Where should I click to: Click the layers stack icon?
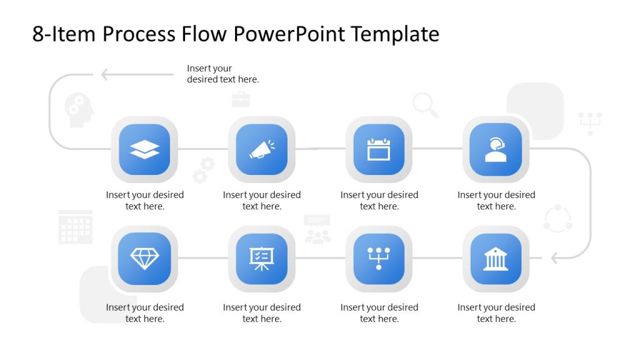(144, 149)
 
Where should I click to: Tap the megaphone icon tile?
(261, 149)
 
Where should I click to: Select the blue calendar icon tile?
(379, 149)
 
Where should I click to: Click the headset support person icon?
(496, 149)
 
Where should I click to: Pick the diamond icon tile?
(144, 258)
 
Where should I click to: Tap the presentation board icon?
(261, 258)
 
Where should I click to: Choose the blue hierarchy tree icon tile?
(379, 258)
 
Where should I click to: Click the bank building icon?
(496, 258)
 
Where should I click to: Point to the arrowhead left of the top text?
(106, 74)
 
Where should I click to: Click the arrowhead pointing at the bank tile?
(554, 257)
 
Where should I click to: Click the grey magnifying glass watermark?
(426, 105)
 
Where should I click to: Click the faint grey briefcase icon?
(241, 99)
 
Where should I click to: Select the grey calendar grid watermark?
(76, 227)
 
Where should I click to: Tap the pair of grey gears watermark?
(204, 169)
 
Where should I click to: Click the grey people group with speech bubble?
(317, 229)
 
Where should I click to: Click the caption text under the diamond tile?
(144, 313)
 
